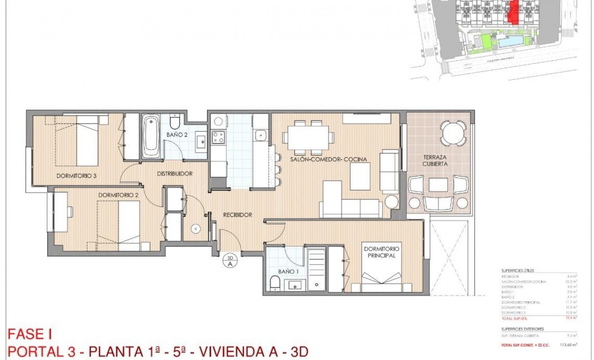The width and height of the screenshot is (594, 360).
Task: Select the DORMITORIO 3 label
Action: tap(76, 175)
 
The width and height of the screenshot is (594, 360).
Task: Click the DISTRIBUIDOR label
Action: tap(175, 174)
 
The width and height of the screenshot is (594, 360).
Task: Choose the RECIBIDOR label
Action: tap(237, 215)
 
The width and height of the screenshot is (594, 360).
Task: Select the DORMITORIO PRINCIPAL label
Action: tap(382, 252)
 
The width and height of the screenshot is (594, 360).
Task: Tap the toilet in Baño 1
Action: tap(275, 283)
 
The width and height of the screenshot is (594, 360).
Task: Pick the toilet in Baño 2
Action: tap(175, 121)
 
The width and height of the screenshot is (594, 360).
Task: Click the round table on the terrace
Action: tap(453, 133)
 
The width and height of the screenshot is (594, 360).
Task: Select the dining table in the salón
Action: tap(309, 137)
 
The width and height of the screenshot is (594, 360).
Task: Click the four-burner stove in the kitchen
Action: tap(219, 137)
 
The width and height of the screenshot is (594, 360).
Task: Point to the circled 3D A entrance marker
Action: tap(230, 261)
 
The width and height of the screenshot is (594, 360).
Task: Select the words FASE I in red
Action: tap(30, 334)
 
